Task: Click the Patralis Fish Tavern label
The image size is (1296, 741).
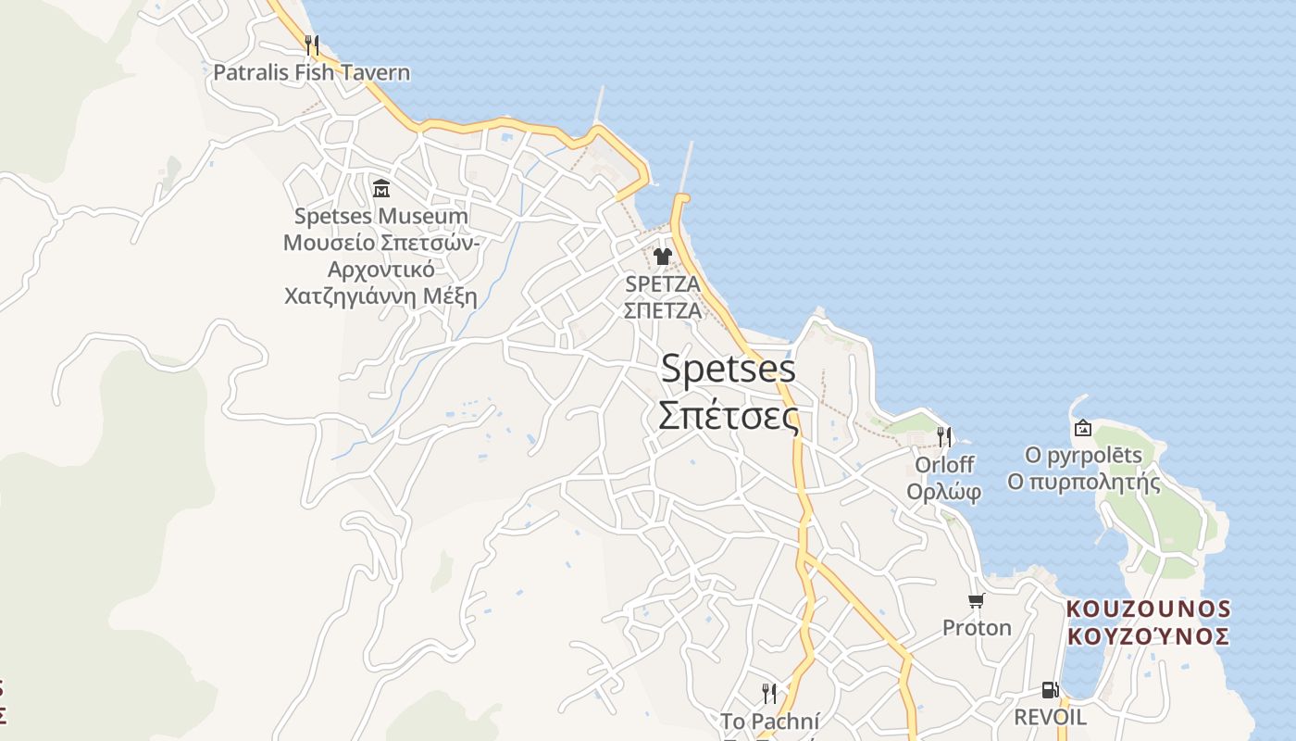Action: pyautogui.click(x=311, y=72)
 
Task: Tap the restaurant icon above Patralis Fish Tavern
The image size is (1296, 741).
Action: pyautogui.click(x=312, y=44)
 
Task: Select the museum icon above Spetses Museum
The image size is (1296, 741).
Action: pyautogui.click(x=380, y=189)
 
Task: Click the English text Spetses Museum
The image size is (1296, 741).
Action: pyautogui.click(x=380, y=217)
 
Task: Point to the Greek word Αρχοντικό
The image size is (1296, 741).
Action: pyautogui.click(x=380, y=270)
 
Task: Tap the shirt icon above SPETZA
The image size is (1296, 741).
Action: pyautogui.click(x=662, y=257)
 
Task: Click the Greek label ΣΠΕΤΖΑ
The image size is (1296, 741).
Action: pyautogui.click(x=663, y=310)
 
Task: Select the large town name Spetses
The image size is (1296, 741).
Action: pyautogui.click(x=728, y=369)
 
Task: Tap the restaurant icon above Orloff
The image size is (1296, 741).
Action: pyautogui.click(x=943, y=435)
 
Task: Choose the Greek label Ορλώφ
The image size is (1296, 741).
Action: pyautogui.click(x=943, y=492)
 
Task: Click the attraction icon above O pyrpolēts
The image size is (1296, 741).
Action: pyautogui.click(x=1082, y=428)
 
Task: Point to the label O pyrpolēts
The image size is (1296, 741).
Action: pyautogui.click(x=1083, y=456)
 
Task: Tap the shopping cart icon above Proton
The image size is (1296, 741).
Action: pyautogui.click(x=976, y=600)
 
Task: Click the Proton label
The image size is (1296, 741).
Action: pyautogui.click(x=977, y=628)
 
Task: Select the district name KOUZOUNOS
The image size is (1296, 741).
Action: pyautogui.click(x=1148, y=609)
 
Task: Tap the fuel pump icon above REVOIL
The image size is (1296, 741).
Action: pyautogui.click(x=1050, y=690)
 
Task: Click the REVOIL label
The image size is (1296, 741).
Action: pyautogui.click(x=1050, y=717)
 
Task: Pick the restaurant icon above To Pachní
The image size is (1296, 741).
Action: pyautogui.click(x=768, y=693)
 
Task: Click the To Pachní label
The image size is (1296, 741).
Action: pyautogui.click(x=769, y=721)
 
